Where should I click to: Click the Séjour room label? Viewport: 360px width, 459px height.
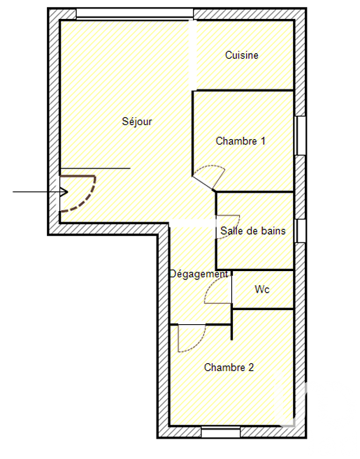pyautogui.click(x=137, y=121)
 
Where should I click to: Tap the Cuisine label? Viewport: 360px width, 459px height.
pyautogui.click(x=242, y=55)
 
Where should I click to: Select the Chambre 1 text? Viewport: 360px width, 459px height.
pyautogui.click(x=240, y=141)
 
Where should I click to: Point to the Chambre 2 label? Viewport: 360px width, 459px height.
pyautogui.click(x=229, y=367)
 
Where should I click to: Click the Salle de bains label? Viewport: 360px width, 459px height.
pyautogui.click(x=253, y=231)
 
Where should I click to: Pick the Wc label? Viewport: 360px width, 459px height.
pyautogui.click(x=262, y=289)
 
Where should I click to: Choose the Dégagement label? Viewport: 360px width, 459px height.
pyautogui.click(x=199, y=274)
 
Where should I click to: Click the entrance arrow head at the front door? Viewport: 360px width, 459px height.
pyautogui.click(x=64, y=192)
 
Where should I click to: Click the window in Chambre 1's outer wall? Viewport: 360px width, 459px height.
pyautogui.click(x=301, y=136)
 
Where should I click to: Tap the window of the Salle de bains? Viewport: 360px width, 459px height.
pyautogui.click(x=301, y=231)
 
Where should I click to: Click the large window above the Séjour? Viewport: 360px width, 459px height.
pyautogui.click(x=135, y=13)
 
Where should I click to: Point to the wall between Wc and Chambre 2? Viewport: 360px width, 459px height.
pyautogui.click(x=262, y=309)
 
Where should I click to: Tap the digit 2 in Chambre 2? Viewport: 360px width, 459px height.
pyautogui.click(x=251, y=367)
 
